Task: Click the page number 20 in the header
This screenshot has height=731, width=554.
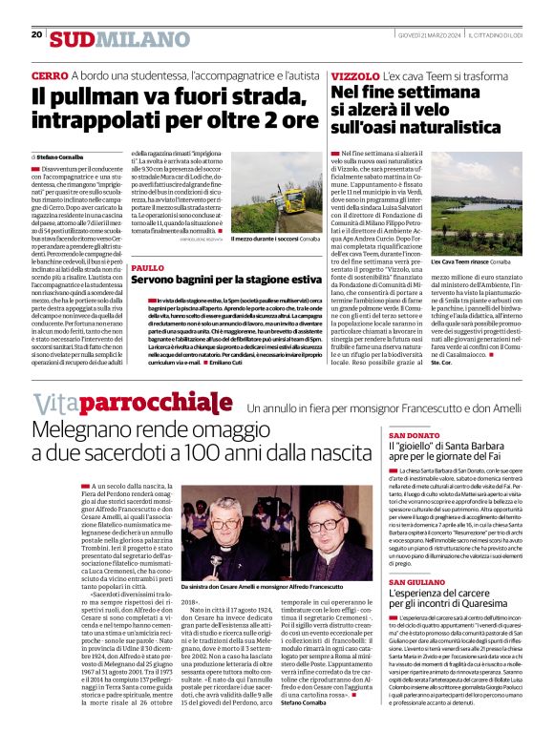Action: coord(36,34)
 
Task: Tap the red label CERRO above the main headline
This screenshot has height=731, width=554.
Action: coord(49,75)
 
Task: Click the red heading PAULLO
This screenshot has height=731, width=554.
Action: coord(147,269)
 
